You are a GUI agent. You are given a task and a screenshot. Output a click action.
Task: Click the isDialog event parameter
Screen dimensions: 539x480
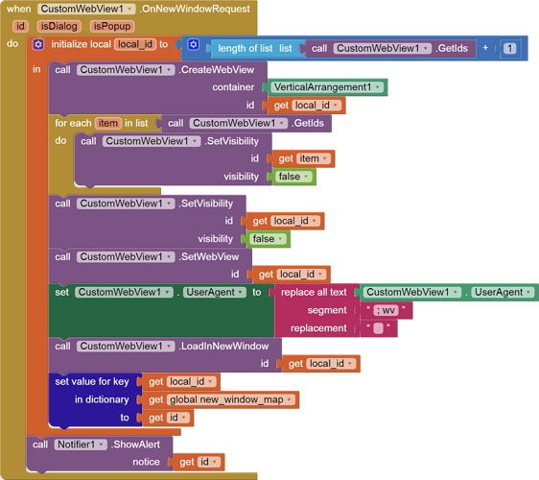click(59, 26)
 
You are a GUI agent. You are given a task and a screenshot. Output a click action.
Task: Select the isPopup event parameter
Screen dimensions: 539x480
click(112, 26)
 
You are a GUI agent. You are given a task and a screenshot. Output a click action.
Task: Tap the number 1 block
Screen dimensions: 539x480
click(510, 48)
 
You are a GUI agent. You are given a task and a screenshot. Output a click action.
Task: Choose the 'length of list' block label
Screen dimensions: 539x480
click(246, 48)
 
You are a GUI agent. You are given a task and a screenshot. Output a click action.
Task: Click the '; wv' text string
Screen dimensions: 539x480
click(386, 310)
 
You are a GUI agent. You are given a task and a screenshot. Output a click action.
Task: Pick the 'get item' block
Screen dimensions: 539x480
click(303, 158)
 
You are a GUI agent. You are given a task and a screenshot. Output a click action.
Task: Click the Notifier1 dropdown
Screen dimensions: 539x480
click(81, 444)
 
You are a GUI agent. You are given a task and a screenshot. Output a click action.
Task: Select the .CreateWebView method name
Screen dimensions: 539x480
click(216, 70)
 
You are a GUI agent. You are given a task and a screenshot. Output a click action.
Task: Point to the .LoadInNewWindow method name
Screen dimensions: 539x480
click(223, 346)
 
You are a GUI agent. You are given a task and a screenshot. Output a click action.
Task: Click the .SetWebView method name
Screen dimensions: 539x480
click(209, 256)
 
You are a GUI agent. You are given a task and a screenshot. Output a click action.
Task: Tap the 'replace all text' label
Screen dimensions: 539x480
click(314, 292)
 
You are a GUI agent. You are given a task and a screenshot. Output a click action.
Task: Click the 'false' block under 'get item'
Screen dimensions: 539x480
click(293, 177)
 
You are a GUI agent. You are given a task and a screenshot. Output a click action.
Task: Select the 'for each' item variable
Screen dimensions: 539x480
click(108, 123)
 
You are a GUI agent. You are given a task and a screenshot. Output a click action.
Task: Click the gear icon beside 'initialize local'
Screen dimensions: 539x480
click(38, 44)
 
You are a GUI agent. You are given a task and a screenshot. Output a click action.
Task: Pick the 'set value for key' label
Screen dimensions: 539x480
click(92, 381)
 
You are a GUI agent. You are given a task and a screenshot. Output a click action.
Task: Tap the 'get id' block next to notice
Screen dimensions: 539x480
click(199, 462)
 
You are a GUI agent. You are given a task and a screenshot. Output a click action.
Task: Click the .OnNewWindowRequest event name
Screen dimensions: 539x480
click(195, 9)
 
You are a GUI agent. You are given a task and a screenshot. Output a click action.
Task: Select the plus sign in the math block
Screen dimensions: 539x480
click(485, 47)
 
